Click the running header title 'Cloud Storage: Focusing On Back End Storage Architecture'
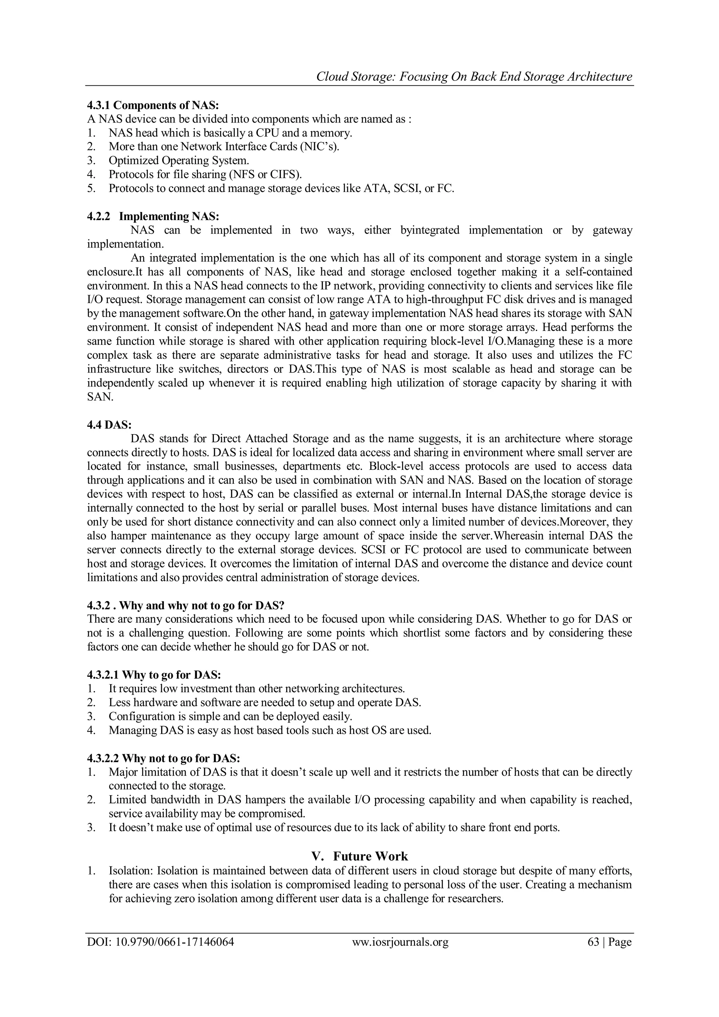pyautogui.click(x=474, y=77)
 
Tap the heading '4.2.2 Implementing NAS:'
pyautogui.click(x=153, y=216)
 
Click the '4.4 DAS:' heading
pyautogui.click(x=109, y=424)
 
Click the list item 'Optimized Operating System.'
pyautogui.click(x=179, y=160)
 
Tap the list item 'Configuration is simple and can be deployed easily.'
pyautogui.click(x=230, y=716)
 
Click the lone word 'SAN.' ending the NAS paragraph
pyautogui.click(x=100, y=397)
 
